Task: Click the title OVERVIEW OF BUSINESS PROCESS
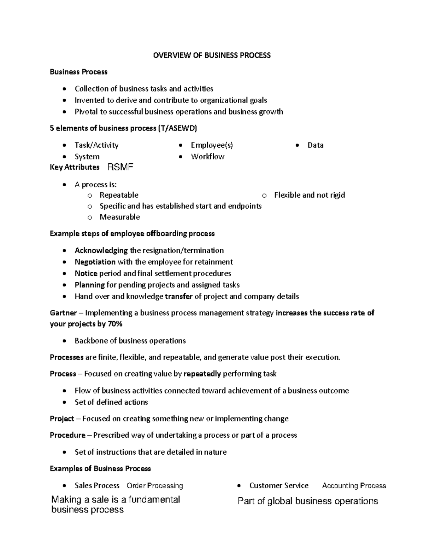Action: [x=212, y=55]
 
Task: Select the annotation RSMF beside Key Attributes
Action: [x=120, y=167]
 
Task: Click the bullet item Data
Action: [x=316, y=145]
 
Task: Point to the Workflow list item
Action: [x=207, y=157]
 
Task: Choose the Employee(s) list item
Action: [x=212, y=145]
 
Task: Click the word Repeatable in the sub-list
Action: [x=119, y=195]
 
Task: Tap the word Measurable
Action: [x=119, y=217]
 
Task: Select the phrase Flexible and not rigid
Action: [x=309, y=195]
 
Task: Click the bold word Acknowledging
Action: [x=101, y=251]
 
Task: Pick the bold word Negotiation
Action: [x=95, y=262]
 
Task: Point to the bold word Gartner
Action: [x=63, y=313]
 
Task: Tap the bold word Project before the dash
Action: [x=62, y=419]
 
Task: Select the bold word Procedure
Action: [x=67, y=435]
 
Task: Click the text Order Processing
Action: [x=155, y=486]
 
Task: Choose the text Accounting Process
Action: [x=354, y=486]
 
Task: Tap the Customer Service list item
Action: [x=279, y=486]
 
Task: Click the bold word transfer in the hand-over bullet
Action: [x=178, y=297]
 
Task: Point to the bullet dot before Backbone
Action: [x=64, y=341]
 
